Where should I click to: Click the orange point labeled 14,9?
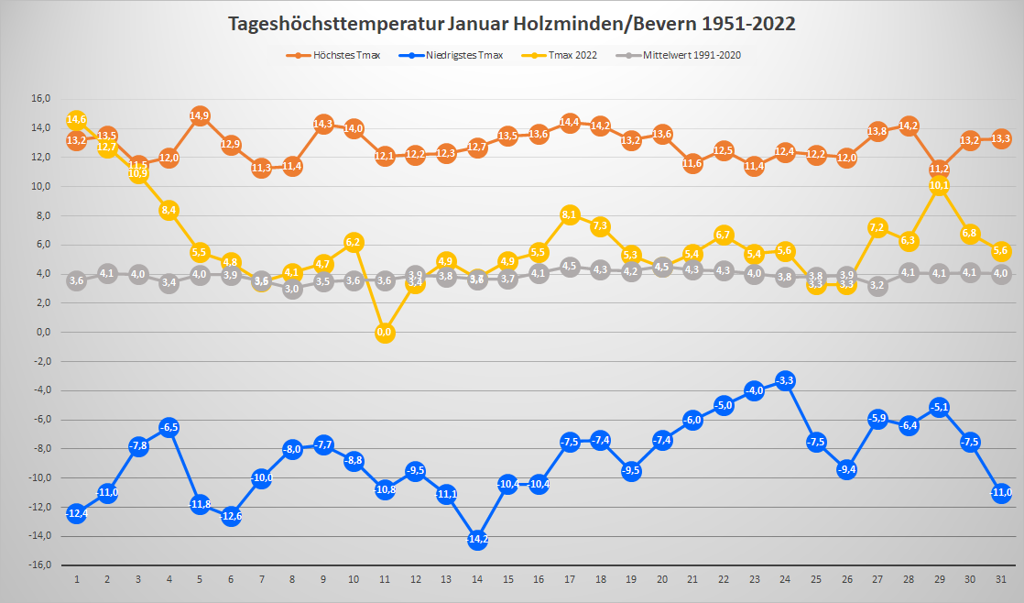coord(200,115)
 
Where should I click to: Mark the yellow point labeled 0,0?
coord(385,333)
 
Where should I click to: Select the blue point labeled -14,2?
coord(477,540)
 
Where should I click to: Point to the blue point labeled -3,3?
coord(785,380)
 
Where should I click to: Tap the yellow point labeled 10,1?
coord(939,185)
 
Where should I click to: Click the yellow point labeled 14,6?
coord(77,120)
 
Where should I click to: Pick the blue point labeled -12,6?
coord(231,516)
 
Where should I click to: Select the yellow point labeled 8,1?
coord(570,214)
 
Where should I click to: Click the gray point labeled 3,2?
coord(877,286)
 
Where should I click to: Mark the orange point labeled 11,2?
coord(939,169)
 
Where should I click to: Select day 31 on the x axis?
coord(1000,579)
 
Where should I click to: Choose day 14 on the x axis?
coord(477,579)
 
